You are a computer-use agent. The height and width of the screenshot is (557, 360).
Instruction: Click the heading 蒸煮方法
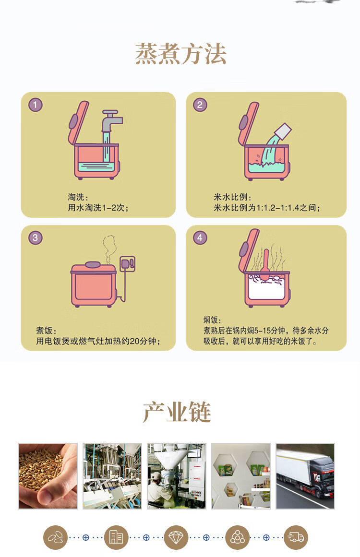pos(180,54)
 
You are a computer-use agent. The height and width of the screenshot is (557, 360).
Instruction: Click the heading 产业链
pos(177,412)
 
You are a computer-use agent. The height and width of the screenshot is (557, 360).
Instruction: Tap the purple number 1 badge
pos(35,105)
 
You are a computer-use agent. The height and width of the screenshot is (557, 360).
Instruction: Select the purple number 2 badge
pos(200,105)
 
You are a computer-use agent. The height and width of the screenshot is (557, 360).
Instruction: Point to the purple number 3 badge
pos(35,237)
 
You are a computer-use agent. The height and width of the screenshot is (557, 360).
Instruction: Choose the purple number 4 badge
pos(200,237)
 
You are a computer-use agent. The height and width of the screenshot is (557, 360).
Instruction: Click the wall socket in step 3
pos(127,263)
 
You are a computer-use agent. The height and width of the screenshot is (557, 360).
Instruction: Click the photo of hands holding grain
pos(48,476)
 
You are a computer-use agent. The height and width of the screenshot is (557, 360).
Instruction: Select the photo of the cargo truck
pos(305,476)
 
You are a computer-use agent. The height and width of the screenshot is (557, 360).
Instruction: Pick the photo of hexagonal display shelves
pos(241,476)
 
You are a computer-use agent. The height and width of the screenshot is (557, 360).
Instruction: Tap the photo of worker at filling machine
pos(177,476)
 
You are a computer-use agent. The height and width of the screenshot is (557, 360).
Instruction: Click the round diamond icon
pos(176,537)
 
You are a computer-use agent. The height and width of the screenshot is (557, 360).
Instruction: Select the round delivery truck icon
pos(296,537)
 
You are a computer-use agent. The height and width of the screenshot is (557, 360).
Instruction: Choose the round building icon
pos(116,537)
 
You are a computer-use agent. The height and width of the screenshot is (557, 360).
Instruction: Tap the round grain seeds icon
pos(55,537)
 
